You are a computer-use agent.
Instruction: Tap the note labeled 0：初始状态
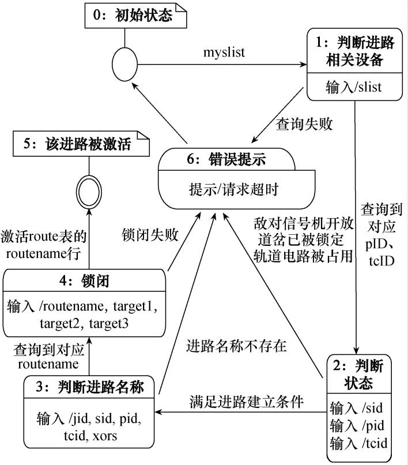pos(136,16)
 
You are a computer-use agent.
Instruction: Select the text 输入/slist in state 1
pos(353,87)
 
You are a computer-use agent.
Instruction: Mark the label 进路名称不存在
pos(236,346)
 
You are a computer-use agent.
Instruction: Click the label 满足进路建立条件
pos(246,402)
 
